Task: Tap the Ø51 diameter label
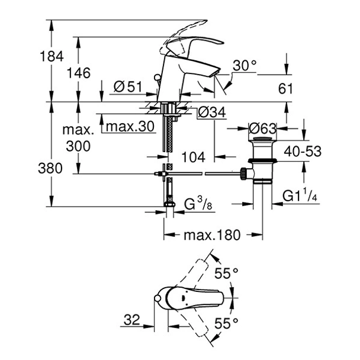[128, 86]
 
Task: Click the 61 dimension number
[286, 88]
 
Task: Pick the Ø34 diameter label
[211, 111]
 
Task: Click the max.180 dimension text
[211, 235]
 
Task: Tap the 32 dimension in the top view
[131, 320]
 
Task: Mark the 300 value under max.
[78, 146]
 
